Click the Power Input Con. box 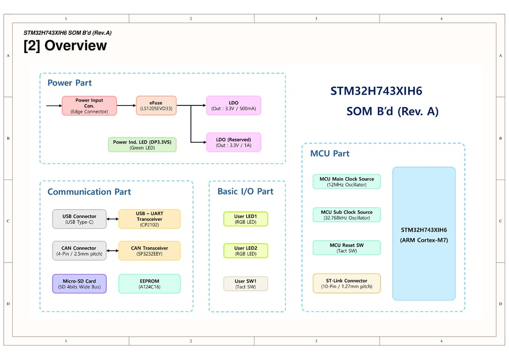point(89,106)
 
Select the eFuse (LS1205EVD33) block point(156,106)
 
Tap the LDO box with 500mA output point(233,106)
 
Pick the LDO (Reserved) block point(233,142)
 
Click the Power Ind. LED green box point(142,145)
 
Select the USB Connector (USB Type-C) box point(79,219)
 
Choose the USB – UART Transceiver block point(149,219)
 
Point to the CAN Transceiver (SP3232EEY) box point(149,251)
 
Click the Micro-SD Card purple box point(79,284)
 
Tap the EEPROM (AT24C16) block point(149,284)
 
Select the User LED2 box point(245,251)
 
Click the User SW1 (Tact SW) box point(245,284)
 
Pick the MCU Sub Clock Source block point(346,215)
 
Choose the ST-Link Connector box point(346,283)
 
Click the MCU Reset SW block point(346,247)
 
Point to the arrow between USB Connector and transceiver point(112,219)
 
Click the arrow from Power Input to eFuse point(126,106)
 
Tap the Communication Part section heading point(89,192)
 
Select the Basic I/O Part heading point(245,191)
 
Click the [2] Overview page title point(65,46)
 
